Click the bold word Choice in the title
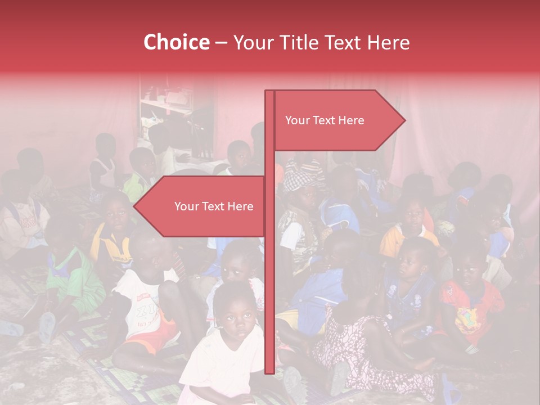pos(176,43)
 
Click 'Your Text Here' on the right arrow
pos(325,120)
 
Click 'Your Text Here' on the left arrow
pos(214,206)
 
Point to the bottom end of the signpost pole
pos(270,371)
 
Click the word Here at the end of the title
pos(389,43)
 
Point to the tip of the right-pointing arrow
pos(404,120)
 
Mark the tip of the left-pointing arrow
pos(134,206)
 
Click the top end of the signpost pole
pos(270,92)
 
